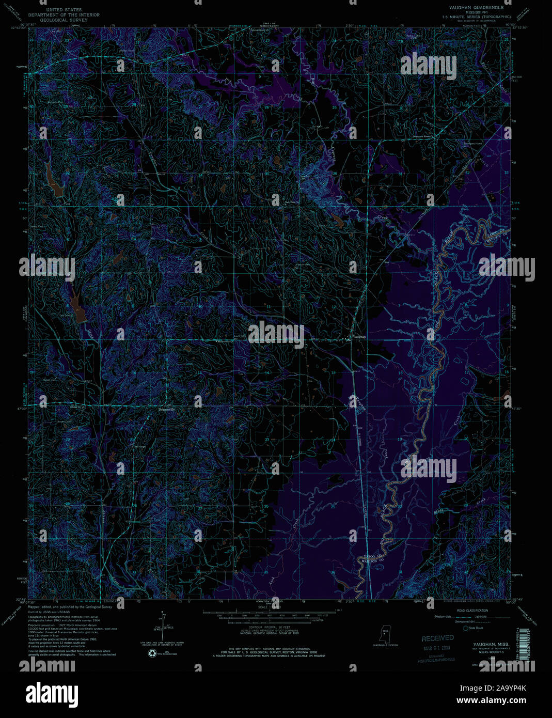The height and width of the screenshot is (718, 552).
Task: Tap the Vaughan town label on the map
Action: [x=359, y=337]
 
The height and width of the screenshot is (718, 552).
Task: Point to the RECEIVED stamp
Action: [x=437, y=638]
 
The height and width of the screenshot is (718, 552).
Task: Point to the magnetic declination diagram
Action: [x=161, y=628]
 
